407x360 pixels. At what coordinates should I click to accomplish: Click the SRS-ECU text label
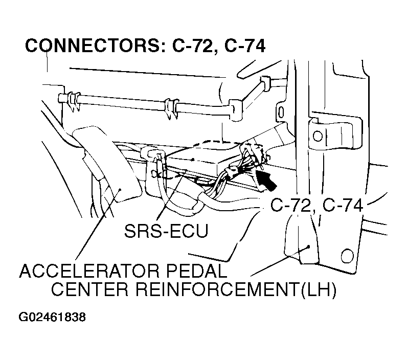(166, 230)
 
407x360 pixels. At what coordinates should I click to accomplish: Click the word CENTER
(92, 290)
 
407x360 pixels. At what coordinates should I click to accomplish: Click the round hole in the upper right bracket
(318, 136)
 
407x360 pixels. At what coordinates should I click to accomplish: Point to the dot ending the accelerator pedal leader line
(120, 190)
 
